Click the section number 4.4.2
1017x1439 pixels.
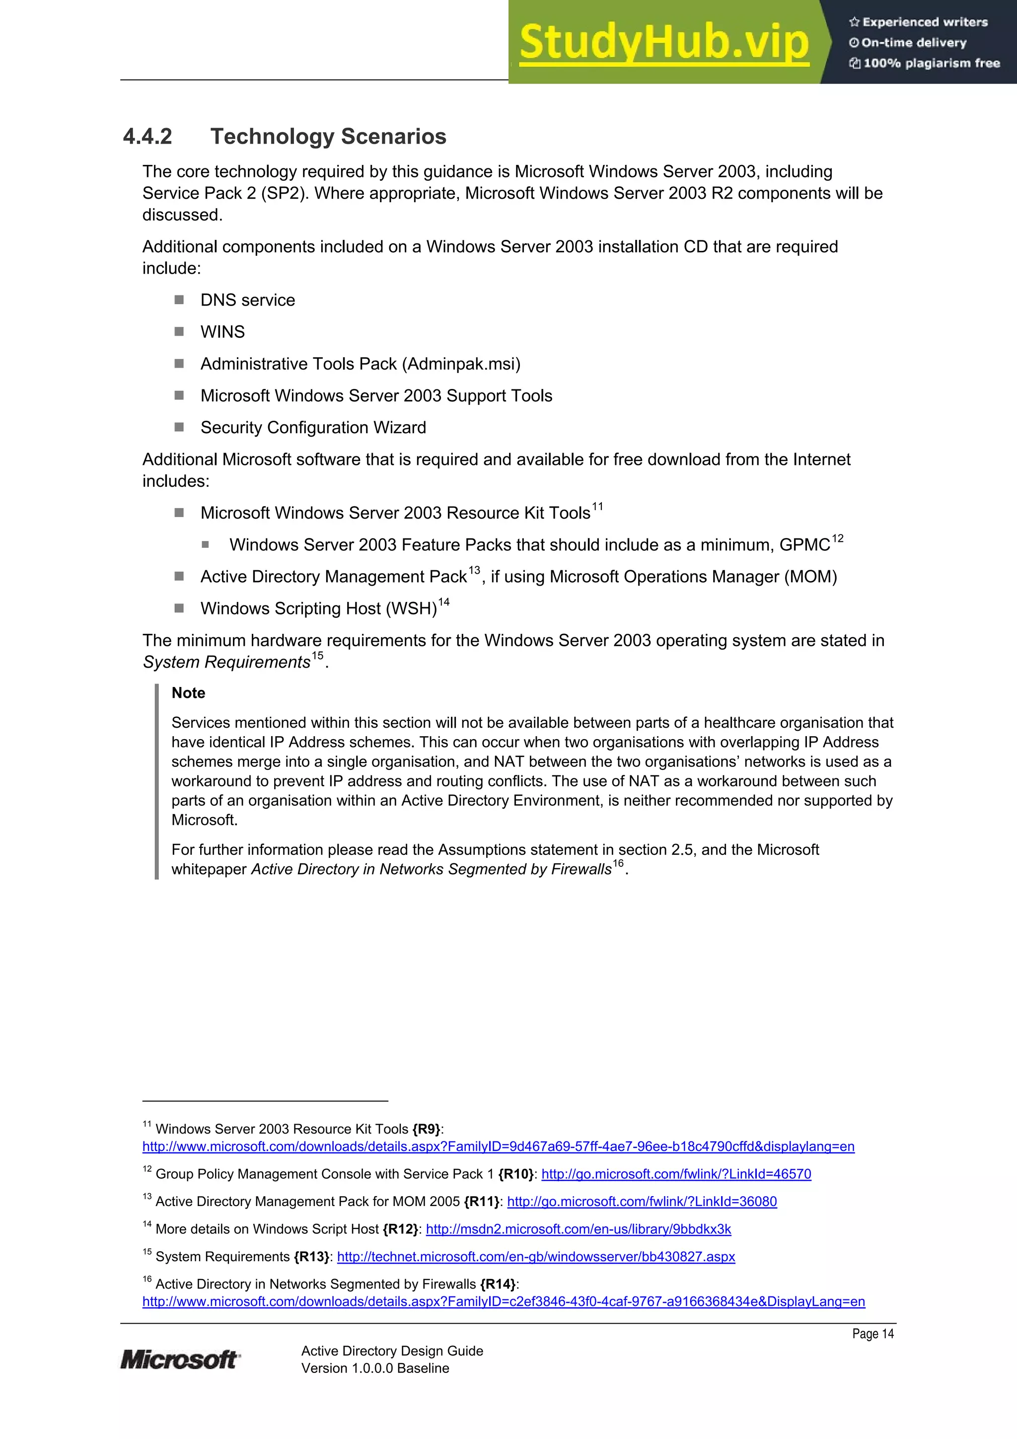coord(147,137)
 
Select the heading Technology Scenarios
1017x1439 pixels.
coord(328,137)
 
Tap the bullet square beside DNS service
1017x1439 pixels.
coord(179,300)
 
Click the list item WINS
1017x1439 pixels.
coord(222,331)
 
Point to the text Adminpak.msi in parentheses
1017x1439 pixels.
coord(462,364)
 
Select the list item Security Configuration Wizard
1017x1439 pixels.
coord(313,428)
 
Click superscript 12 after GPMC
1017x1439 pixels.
coord(837,538)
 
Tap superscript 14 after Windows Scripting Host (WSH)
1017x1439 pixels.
coord(443,603)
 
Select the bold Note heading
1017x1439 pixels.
coord(188,692)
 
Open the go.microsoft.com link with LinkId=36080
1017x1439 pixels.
coord(642,1202)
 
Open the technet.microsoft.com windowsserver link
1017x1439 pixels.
coord(536,1257)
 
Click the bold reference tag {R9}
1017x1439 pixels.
coord(426,1129)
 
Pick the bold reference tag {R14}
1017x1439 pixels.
coord(498,1284)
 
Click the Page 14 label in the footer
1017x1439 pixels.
coord(872,1334)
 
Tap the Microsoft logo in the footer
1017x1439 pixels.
coord(180,1360)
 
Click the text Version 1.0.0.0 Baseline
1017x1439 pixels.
coord(375,1368)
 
